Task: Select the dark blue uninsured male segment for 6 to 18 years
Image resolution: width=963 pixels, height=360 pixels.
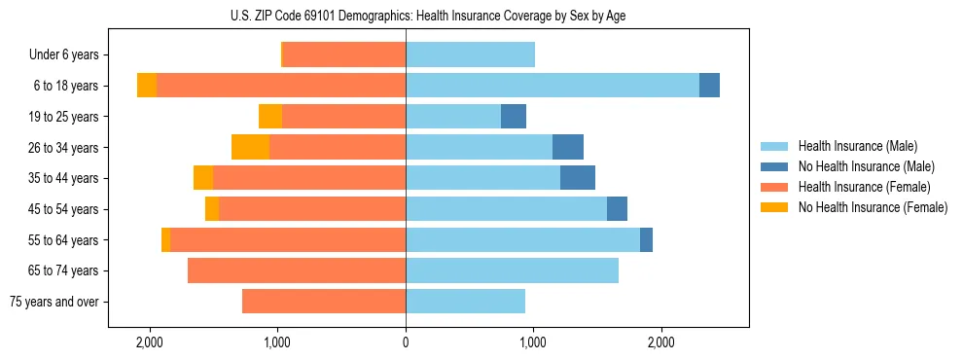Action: point(709,86)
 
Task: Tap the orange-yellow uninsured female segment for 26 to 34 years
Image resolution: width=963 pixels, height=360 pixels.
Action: point(250,147)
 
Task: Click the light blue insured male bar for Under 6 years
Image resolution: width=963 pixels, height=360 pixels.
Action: point(470,54)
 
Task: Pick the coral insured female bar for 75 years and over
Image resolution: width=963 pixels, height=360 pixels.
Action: point(324,302)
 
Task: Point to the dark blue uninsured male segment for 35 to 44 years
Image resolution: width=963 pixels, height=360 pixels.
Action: point(578,178)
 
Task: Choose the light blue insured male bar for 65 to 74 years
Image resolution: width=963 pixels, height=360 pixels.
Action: point(512,270)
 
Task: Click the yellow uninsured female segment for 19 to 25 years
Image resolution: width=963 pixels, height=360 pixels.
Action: point(270,117)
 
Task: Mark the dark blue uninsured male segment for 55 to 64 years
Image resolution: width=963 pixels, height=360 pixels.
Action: point(646,239)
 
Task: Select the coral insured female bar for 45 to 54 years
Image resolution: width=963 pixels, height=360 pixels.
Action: point(312,208)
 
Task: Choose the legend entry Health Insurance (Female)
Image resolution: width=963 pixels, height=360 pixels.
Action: point(864,187)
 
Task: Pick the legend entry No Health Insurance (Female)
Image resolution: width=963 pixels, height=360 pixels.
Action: point(872,207)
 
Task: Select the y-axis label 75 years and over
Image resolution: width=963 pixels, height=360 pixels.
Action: point(54,302)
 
